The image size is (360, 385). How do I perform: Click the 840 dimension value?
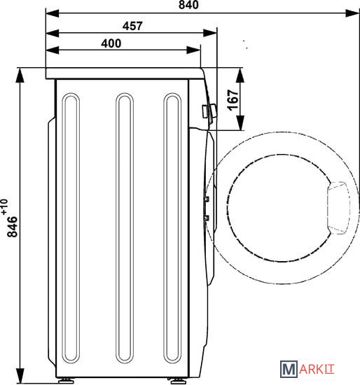(188, 5)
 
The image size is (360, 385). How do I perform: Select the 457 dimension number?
(132, 27)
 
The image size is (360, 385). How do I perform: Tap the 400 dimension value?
(111, 43)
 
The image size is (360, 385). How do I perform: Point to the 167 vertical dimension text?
(233, 100)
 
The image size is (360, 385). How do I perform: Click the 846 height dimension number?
(13, 227)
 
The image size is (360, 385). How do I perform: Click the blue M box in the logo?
(289, 369)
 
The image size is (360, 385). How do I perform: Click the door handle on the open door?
(338, 208)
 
